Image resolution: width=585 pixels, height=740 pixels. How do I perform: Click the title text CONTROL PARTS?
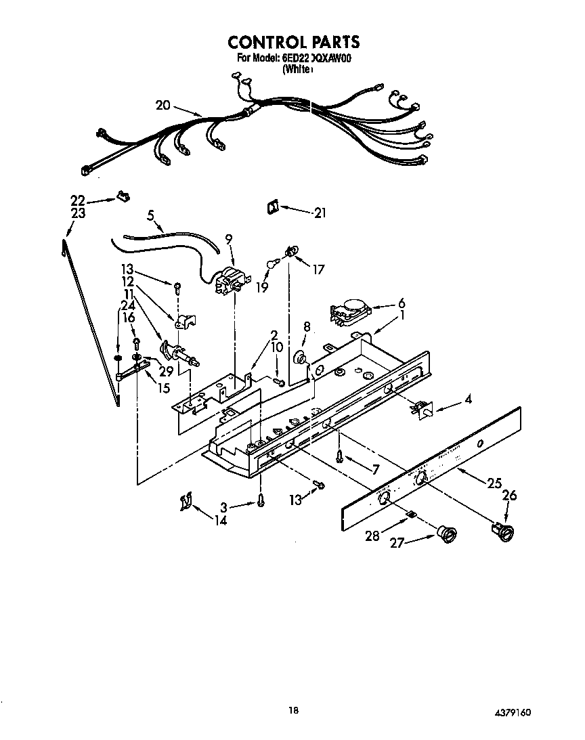click(293, 42)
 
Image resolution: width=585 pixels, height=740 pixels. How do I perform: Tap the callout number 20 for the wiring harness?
click(162, 105)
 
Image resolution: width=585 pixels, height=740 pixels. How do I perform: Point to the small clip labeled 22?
click(123, 197)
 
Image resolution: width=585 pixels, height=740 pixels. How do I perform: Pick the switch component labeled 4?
click(421, 408)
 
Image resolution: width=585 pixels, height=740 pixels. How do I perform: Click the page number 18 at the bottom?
click(292, 710)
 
